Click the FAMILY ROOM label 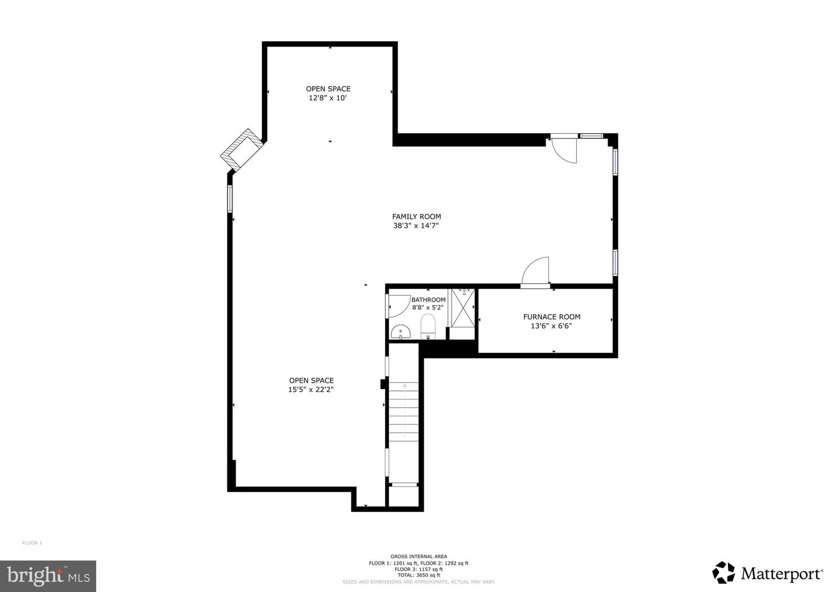[x=416, y=217]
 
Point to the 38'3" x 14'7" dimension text [x=416, y=226]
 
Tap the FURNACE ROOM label [x=551, y=317]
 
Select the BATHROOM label [x=428, y=300]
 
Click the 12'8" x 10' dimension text [x=328, y=98]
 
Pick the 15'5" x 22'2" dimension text [x=311, y=390]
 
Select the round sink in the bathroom [x=400, y=332]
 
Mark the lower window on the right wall [x=615, y=262]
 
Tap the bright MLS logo [x=48, y=576]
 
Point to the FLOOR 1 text [x=32, y=543]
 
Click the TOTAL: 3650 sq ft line [x=418, y=575]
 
